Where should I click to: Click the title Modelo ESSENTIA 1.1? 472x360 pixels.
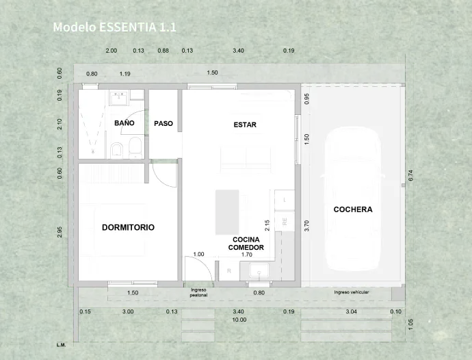pos(115,27)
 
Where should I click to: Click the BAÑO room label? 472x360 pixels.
pos(124,123)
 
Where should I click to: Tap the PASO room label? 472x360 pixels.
pos(163,124)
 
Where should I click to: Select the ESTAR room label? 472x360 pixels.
pos(245,125)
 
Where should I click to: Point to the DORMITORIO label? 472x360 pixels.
pos(128,227)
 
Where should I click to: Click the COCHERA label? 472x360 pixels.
pos(353,209)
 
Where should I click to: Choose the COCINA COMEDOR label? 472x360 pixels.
pos(246,244)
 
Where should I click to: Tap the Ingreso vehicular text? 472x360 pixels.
pos(352,292)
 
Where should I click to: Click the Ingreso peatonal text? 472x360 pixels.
pos(198,292)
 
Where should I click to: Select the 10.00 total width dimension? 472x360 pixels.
pos(239,320)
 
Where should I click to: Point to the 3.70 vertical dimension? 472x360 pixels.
pos(307,224)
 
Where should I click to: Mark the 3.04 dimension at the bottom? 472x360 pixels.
pos(352,312)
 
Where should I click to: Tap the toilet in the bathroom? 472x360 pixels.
pos(135,146)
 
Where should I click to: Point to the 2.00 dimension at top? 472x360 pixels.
pos(112,51)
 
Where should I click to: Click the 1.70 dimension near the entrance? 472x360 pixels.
pos(247,255)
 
